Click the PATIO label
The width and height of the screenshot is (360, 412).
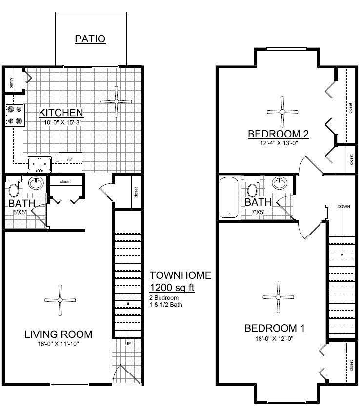[90, 39]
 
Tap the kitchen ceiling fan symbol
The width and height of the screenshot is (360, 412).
[116, 101]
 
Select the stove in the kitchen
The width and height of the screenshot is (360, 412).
[14, 116]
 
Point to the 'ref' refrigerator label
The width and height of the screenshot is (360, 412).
[69, 159]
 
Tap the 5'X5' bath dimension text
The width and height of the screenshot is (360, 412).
[20, 212]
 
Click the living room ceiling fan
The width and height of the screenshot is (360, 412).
[60, 299]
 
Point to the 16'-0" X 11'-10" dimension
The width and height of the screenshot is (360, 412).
[58, 344]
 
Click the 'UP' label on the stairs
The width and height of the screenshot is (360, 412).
[128, 344]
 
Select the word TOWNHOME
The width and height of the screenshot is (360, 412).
[180, 275]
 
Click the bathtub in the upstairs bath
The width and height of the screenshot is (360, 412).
[228, 198]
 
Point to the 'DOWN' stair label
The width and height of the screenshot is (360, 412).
[343, 207]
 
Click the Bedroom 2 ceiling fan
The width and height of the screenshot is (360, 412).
[282, 112]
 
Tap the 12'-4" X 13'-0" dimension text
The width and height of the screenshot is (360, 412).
[278, 143]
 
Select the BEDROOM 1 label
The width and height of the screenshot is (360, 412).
[275, 328]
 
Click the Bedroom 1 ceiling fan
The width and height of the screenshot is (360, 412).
[278, 297]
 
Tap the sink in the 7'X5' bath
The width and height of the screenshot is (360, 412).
[280, 183]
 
